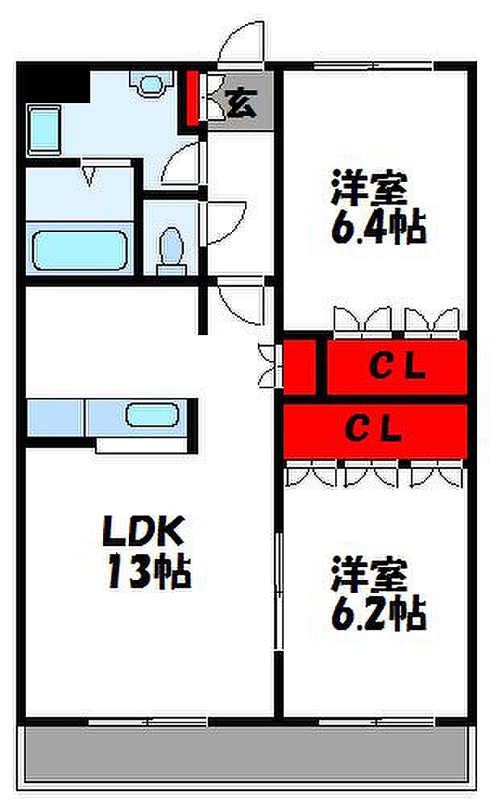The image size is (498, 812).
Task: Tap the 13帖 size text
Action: click(145, 573)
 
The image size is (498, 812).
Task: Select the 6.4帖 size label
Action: click(376, 229)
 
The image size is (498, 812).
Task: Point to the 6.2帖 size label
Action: click(377, 615)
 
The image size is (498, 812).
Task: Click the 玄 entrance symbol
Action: click(239, 102)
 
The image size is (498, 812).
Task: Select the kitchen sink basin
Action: click(154, 416)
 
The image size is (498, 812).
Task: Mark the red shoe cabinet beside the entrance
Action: click(192, 97)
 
